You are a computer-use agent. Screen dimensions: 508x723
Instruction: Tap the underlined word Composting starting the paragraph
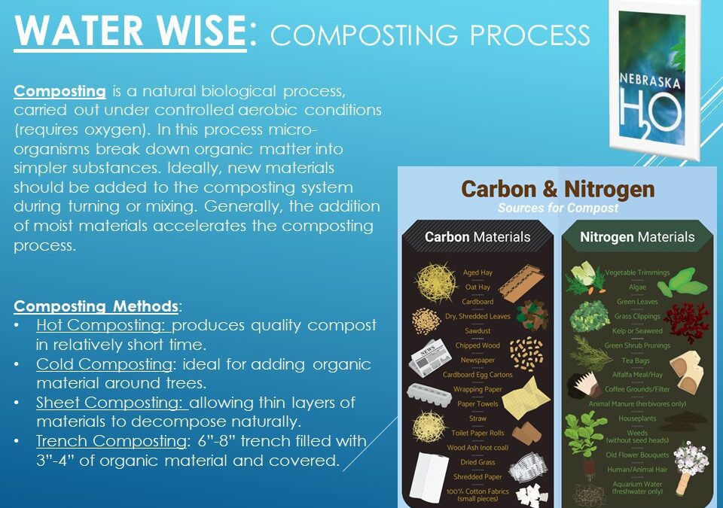59,92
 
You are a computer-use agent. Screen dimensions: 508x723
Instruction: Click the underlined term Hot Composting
104,325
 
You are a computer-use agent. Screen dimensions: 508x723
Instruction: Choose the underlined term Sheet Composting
111,403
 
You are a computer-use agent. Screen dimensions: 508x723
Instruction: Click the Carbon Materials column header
477,237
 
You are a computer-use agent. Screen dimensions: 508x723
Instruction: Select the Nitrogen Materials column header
636,237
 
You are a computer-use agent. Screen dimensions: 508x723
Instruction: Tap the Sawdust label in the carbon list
477,330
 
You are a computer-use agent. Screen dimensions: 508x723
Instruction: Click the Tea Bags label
637,360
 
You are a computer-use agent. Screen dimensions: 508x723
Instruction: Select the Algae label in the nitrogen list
637,287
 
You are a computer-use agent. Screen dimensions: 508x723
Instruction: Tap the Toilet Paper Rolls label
477,433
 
